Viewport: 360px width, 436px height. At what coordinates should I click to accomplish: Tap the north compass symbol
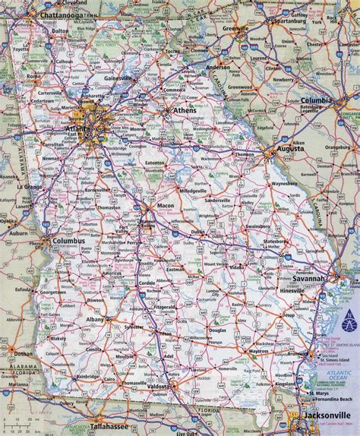coord(347,317)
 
